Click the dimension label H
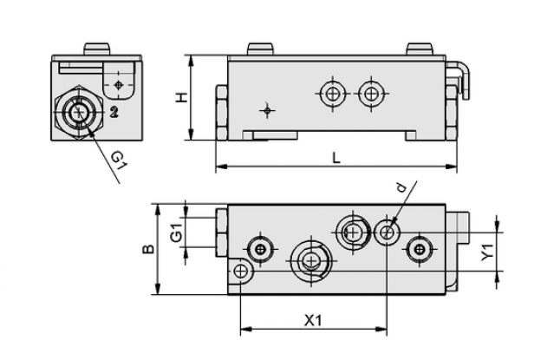(181, 97)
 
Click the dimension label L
(336, 159)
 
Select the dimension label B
(148, 249)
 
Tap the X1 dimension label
(313, 321)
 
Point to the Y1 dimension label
(488, 252)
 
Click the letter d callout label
(401, 187)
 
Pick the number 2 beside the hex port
(114, 112)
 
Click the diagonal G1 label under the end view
(119, 160)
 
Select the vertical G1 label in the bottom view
(176, 232)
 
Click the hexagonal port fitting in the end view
(79, 112)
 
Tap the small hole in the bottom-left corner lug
(240, 272)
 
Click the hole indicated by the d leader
(388, 232)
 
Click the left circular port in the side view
(333, 94)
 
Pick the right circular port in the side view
(371, 94)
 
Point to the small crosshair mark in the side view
(267, 110)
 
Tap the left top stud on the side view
(260, 49)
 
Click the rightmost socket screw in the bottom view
(420, 249)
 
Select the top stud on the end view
(97, 49)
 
